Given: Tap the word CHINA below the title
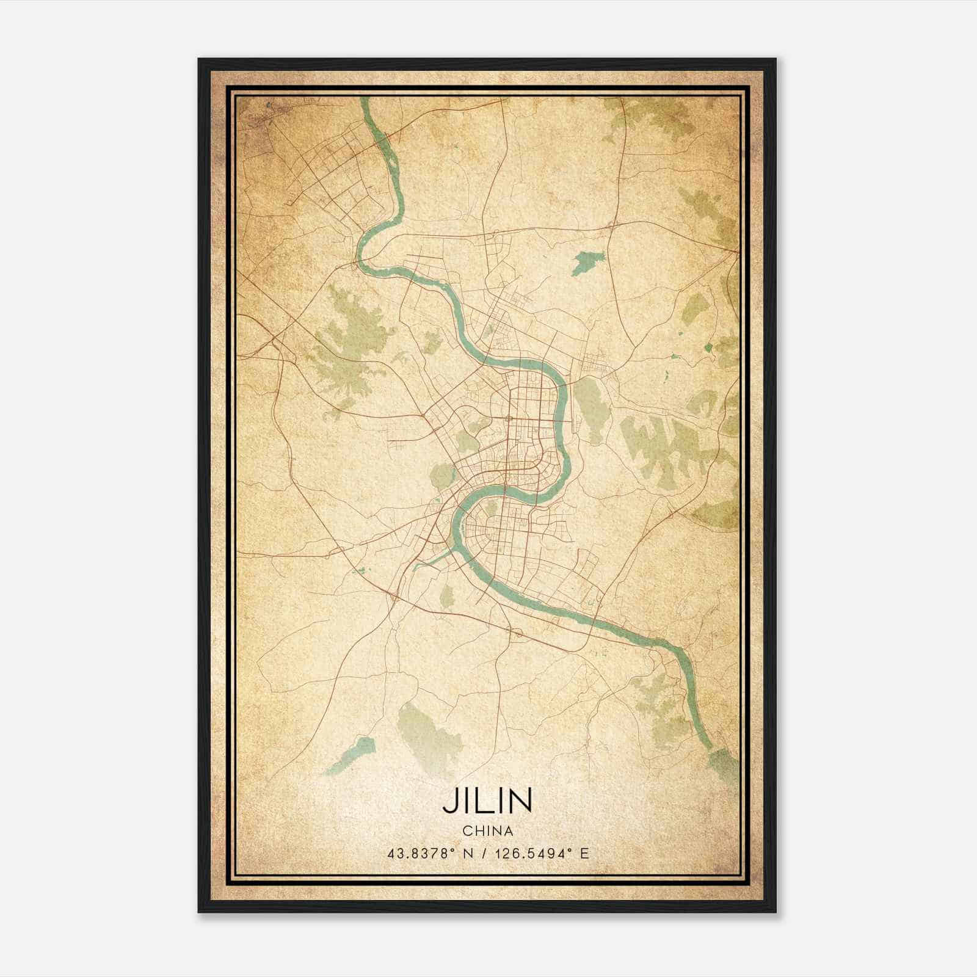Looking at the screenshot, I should pos(487,830).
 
